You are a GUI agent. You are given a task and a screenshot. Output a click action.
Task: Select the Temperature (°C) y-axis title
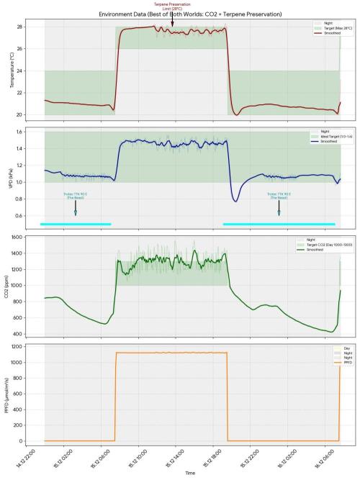point(12,69)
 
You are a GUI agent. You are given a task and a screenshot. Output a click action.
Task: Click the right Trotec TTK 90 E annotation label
point(279,195)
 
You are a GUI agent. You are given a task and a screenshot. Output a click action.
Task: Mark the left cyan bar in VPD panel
point(76,224)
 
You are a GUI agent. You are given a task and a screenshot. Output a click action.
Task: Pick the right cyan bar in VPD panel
point(279,224)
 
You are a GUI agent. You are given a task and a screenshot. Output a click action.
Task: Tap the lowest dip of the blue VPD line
point(235,200)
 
